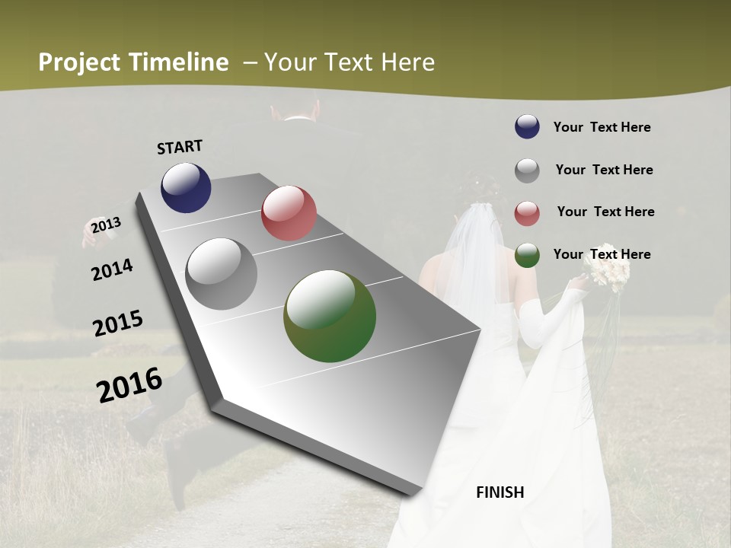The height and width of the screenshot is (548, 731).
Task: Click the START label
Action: pos(180,147)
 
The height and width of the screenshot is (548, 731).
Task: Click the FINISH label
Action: pos(500,492)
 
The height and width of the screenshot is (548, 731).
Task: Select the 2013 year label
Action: pos(106,225)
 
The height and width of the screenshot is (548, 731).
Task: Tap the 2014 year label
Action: pos(112,269)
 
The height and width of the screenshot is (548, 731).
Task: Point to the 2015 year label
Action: pos(118,323)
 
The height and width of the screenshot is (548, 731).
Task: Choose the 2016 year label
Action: pos(129,384)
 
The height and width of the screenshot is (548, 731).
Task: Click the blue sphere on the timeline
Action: pos(186,187)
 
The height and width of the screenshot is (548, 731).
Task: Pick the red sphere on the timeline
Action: pos(289,213)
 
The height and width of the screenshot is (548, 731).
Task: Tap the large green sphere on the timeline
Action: pos(330,316)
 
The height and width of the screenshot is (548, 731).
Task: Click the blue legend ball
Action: pos(527,127)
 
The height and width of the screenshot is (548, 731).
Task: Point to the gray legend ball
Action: pos(527,170)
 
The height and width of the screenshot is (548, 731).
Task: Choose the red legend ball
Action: pos(527,213)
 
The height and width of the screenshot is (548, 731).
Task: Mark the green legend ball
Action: pos(527,255)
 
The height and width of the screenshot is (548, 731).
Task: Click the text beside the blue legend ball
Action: pos(602,127)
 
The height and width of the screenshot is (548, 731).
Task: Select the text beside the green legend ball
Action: pos(602,254)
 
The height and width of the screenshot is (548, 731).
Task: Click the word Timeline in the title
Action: pos(180,62)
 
